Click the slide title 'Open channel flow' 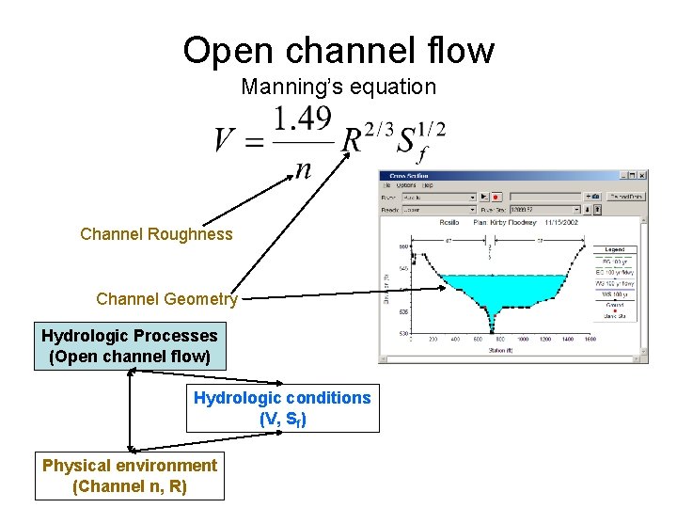[338, 50]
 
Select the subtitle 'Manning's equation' [338, 87]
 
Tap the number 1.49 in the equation [303, 119]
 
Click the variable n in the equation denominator [303, 168]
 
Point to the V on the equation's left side [225, 141]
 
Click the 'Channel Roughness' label [156, 234]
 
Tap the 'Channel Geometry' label [166, 299]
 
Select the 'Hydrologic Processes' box [130, 346]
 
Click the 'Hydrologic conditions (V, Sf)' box [282, 408]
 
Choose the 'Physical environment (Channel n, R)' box [130, 476]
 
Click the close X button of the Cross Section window [642, 175]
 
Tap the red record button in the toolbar [496, 197]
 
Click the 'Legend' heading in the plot [615, 248]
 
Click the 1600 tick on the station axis [590, 340]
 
